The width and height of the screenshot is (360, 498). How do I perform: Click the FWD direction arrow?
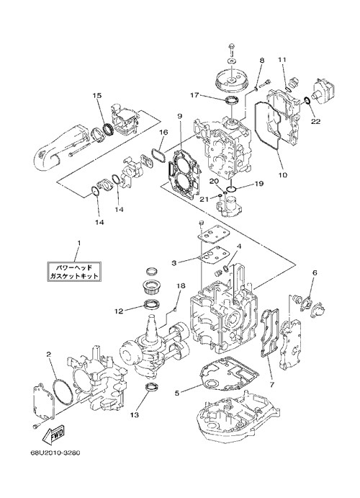(53, 434)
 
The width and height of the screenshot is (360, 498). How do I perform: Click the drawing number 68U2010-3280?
(51, 453)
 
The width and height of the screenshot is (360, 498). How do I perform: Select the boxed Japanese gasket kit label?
(74, 271)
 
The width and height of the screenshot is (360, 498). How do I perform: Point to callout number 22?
(315, 121)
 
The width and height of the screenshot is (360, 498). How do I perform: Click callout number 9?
(179, 116)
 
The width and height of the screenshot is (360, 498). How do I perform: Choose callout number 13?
(134, 415)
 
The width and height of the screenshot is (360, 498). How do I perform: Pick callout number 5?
(177, 393)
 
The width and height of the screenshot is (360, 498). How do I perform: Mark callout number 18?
(181, 286)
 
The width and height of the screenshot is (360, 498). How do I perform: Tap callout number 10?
(283, 174)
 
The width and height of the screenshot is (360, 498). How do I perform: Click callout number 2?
(48, 354)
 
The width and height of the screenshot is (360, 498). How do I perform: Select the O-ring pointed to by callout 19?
(232, 190)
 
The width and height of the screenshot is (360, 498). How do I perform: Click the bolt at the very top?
(231, 49)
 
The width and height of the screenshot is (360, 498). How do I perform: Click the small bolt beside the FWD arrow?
(36, 426)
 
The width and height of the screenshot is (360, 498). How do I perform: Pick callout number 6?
(315, 272)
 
